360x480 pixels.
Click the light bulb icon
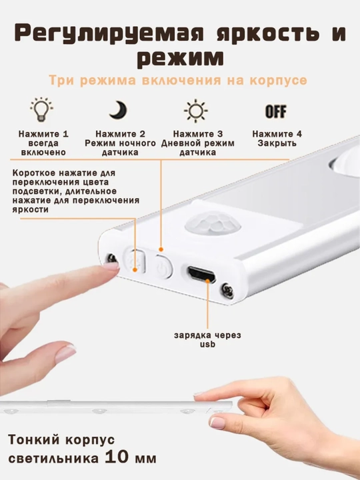tap(41, 109)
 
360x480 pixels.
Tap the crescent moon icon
tap(118, 110)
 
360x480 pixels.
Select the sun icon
tap(195, 111)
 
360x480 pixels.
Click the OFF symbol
tap(276, 111)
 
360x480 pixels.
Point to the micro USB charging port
tap(201, 274)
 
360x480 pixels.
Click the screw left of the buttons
tap(111, 259)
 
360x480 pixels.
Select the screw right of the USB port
tap(227, 289)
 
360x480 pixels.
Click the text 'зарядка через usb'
tap(207, 339)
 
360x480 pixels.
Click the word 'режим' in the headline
tap(180, 57)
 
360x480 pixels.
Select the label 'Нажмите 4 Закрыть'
tap(277, 139)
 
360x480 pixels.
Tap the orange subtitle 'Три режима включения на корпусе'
tap(178, 80)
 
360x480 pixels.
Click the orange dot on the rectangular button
tap(135, 270)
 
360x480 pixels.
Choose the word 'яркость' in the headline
tap(267, 33)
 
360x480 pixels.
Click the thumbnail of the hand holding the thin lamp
tap(217, 423)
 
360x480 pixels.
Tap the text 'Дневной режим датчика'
tap(198, 147)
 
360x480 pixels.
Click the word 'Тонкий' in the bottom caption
tap(34, 439)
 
